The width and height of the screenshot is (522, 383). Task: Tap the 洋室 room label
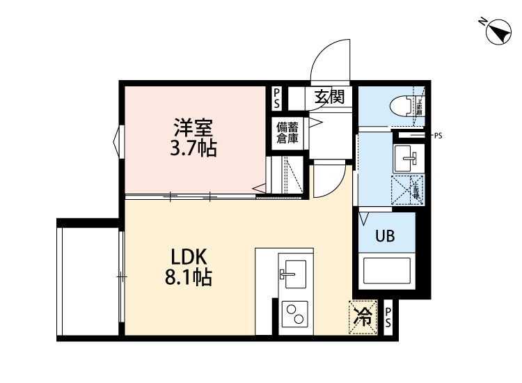click(x=193, y=128)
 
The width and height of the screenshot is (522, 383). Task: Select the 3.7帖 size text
click(x=193, y=148)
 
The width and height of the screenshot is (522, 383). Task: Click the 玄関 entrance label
click(x=329, y=96)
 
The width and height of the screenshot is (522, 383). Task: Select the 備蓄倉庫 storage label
click(x=287, y=132)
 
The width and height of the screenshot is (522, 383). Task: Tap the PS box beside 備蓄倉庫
click(x=276, y=97)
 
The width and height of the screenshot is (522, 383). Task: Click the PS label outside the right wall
click(x=438, y=136)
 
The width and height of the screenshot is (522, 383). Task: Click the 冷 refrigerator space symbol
click(x=363, y=317)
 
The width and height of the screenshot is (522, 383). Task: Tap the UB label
click(x=385, y=236)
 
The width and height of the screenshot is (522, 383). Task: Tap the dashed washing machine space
click(x=407, y=189)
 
